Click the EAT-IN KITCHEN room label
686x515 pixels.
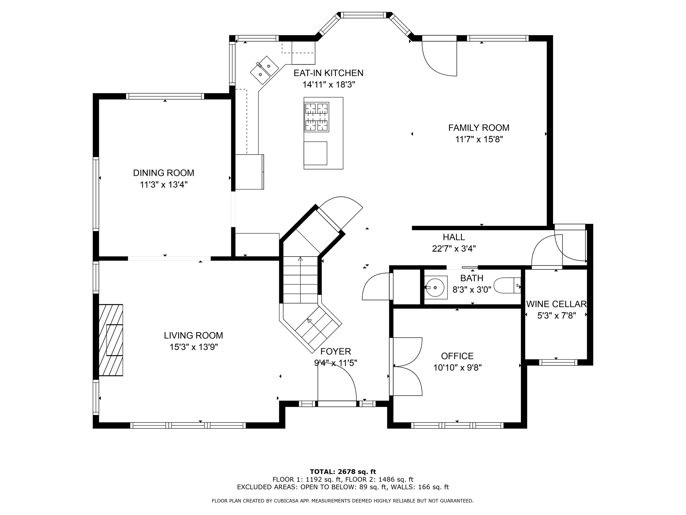(328, 73)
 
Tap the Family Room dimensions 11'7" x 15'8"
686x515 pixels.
(479, 139)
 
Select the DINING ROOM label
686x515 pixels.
(163, 173)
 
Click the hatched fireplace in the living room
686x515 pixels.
(111, 340)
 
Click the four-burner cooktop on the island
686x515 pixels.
(317, 117)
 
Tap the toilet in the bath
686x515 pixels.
(507, 285)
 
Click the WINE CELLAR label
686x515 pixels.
(556, 304)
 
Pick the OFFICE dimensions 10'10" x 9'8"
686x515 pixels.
(457, 368)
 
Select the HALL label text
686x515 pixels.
(454, 237)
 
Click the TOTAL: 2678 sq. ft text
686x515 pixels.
(343, 472)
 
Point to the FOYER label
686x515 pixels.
(336, 351)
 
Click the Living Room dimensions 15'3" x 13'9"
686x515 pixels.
(194, 347)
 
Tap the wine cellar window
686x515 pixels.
(558, 362)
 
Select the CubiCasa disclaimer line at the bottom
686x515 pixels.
(343, 501)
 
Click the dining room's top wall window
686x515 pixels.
(165, 96)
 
